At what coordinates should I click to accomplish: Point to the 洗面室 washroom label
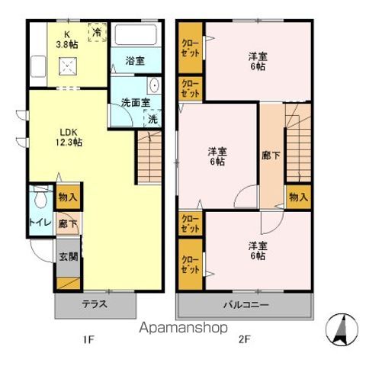pos(131,103)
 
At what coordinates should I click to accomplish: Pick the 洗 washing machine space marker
pos(152,119)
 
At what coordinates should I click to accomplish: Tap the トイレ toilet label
pos(40,223)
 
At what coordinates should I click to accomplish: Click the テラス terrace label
pos(95,304)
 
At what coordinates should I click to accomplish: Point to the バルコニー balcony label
pos(244,304)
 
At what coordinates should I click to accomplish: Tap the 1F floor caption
pos(90,339)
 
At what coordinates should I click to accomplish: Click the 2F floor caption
pos(242,339)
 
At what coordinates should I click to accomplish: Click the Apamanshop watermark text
pos(183,329)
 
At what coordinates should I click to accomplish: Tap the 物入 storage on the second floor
pos(299,197)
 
